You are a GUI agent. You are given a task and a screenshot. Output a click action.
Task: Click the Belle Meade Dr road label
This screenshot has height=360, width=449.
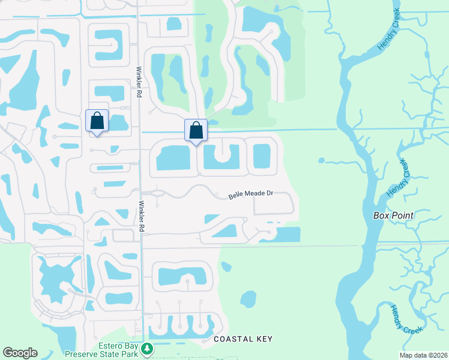251,195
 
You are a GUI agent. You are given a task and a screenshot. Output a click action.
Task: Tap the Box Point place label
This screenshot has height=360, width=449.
393,215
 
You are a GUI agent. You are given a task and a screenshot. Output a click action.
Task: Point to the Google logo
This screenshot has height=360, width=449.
20,353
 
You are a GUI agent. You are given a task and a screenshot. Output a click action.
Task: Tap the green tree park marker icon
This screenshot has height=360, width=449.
146,349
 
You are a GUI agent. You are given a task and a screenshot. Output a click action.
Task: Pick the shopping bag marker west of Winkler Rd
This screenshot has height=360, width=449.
97,121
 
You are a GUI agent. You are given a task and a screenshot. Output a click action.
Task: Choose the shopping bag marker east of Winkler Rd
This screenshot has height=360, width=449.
196,130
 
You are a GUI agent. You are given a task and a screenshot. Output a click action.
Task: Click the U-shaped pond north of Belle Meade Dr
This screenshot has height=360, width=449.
221,158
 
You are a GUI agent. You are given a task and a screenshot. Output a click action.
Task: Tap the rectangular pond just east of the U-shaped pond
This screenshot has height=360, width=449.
262,156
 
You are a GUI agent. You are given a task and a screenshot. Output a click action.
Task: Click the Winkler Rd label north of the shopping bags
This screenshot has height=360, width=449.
139,82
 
